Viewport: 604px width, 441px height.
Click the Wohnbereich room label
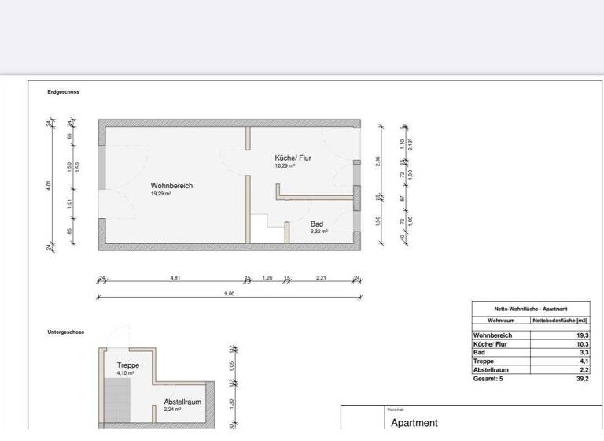(171, 186)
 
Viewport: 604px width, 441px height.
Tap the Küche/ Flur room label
(293, 157)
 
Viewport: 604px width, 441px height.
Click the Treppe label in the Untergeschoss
(127, 365)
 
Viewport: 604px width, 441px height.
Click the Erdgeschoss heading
(63, 92)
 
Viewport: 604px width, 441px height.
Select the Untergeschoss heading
(65, 332)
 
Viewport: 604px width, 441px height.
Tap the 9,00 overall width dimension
(230, 293)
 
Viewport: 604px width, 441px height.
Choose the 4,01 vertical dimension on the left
(49, 186)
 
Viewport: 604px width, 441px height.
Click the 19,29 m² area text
(160, 193)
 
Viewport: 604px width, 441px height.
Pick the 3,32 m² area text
(319, 232)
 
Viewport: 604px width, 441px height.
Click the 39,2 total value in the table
(581, 379)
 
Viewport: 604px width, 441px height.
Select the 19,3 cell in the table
(582, 335)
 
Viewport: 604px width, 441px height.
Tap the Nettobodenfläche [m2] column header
(560, 321)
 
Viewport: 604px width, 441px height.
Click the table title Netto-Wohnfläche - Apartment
(530, 309)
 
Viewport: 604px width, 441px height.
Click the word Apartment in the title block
(414, 423)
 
